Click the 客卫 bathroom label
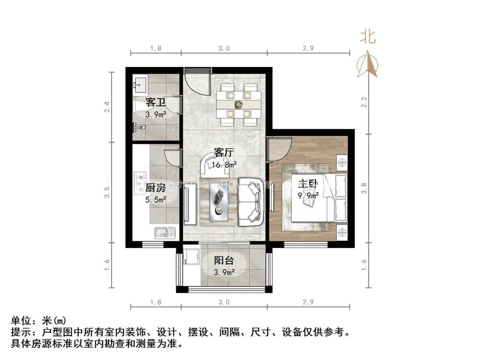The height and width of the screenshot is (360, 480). coord(155,102)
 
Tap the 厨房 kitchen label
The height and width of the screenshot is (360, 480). coord(155,188)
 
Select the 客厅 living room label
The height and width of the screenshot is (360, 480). coord(224,153)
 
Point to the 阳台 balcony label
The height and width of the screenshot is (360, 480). coord(224,261)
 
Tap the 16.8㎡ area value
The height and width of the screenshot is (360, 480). coord(224,165)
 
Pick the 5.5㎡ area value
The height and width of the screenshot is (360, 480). coord(155,200)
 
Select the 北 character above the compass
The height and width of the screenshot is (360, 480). coord(368,37)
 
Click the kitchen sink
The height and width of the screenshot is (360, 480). coord(165,231)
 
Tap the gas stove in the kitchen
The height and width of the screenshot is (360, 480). coord(141,183)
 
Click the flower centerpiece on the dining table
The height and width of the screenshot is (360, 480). coord(238,104)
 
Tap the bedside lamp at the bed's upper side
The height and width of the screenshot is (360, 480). coord(342,162)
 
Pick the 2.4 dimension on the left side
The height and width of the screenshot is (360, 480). coord(107,107)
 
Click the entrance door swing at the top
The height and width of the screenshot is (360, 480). coord(197,82)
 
